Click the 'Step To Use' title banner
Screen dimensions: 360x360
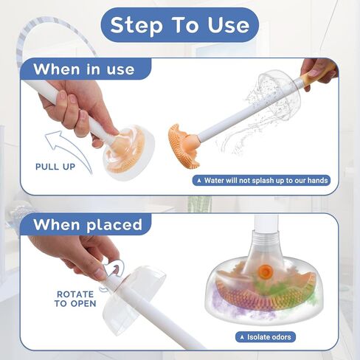(x=180, y=25)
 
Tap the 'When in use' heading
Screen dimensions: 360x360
(x=84, y=69)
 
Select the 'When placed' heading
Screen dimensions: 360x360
(x=88, y=224)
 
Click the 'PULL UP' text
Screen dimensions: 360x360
(x=55, y=167)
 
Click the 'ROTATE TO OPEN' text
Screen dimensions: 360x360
(x=75, y=299)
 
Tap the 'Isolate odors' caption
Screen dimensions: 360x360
(x=266, y=337)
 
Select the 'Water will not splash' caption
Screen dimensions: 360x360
(x=261, y=181)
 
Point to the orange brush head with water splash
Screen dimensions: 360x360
(x=182, y=145)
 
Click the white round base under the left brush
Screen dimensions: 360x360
(x=130, y=153)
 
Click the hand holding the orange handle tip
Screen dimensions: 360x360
(x=319, y=72)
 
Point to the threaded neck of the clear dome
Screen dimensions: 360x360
(x=266, y=237)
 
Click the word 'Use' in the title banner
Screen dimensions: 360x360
(x=229, y=25)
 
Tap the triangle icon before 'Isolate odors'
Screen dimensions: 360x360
(x=243, y=337)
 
